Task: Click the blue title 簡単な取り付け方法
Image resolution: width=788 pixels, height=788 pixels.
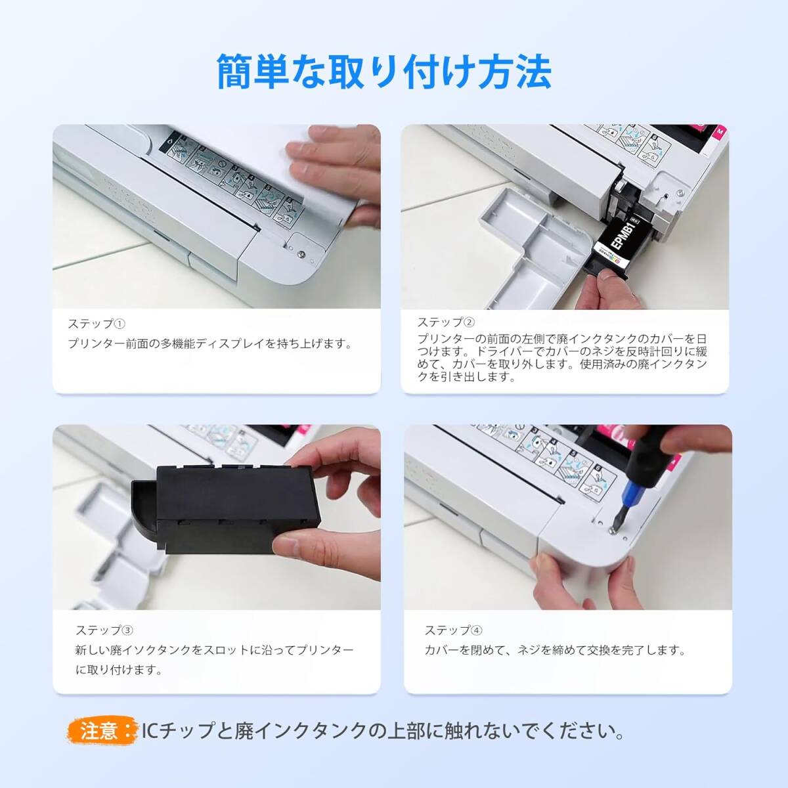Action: point(384,72)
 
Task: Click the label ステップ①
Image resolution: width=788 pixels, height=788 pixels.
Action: point(97,324)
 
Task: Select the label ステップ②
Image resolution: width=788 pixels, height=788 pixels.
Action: point(446,322)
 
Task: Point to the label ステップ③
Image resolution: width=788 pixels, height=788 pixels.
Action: point(104,630)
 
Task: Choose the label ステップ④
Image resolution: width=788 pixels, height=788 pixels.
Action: point(454,630)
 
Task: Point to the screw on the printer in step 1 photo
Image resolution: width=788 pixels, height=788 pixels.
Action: point(301,254)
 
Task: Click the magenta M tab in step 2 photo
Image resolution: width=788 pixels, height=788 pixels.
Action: point(720,132)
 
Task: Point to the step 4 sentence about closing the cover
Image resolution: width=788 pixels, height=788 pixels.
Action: point(555,650)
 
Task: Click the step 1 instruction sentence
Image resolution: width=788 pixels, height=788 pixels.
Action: point(210,344)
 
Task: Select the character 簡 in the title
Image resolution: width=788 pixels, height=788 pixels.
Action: point(234,72)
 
